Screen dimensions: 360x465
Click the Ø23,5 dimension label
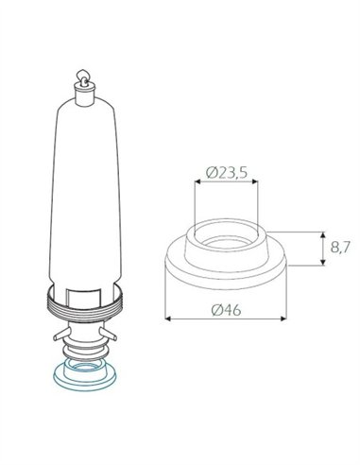click(227, 173)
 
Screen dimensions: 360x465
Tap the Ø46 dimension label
click(226, 310)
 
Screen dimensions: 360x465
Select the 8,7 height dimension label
click(340, 248)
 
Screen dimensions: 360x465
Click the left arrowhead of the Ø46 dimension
click(168, 319)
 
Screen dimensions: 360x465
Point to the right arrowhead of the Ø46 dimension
click(283, 319)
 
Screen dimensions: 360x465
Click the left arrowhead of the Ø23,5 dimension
click(197, 181)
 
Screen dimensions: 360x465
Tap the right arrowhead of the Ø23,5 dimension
click(255, 181)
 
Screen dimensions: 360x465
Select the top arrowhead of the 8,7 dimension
click(322, 234)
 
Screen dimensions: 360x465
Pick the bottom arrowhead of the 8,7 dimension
click(322, 262)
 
